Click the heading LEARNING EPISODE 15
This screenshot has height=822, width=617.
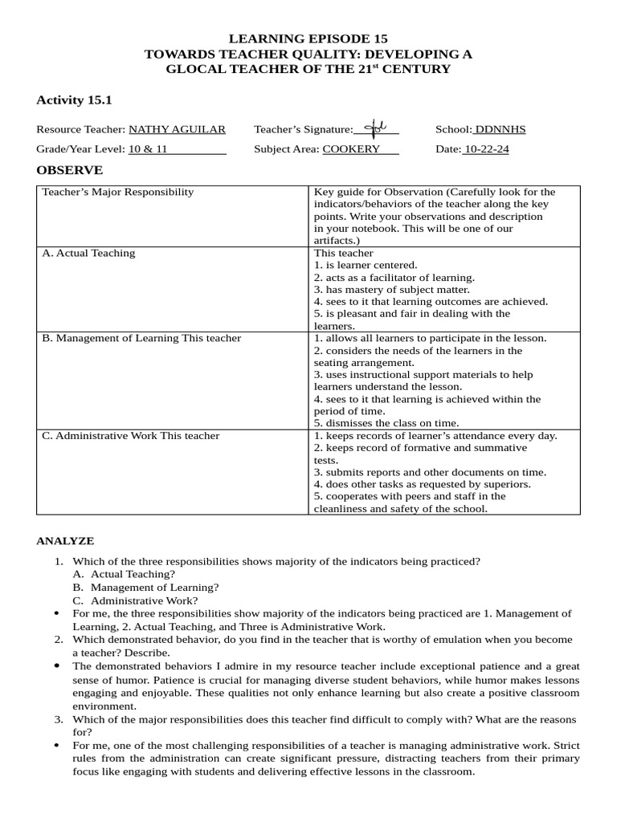coord(308,39)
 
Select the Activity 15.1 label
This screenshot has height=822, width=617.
coord(75,100)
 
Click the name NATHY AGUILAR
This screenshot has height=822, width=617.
coord(177,129)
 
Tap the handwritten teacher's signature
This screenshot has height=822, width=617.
coord(375,128)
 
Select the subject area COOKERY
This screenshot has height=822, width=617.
coord(351,149)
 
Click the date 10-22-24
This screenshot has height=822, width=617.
coord(487,149)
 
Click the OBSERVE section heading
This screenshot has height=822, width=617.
coord(70,170)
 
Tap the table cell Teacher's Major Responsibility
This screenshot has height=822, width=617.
coord(118,193)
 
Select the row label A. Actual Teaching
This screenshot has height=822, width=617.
coord(88,254)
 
